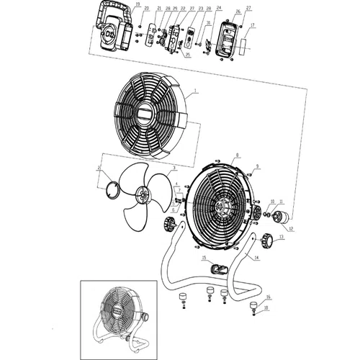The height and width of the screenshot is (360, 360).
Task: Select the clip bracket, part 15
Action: [x=216, y=270]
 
